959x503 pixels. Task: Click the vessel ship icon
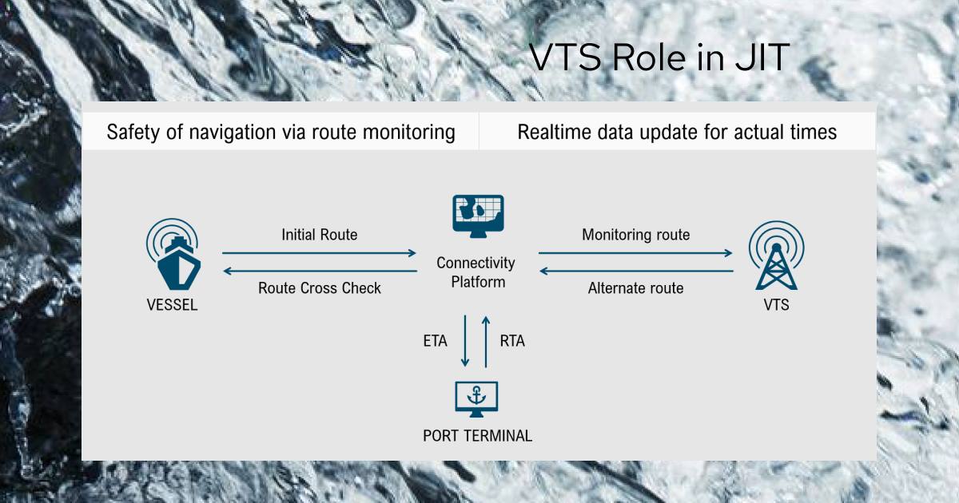tap(172, 256)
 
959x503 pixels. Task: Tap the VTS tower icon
tap(776, 256)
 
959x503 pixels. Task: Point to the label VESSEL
tap(172, 305)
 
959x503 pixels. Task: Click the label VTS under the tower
tap(776, 305)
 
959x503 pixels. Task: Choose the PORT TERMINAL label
tap(477, 436)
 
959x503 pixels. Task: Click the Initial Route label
tap(319, 235)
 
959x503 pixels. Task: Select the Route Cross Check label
tap(320, 288)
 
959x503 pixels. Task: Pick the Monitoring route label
tap(635, 235)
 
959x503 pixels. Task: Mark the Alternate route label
tap(635, 288)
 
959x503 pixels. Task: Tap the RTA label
tap(512, 341)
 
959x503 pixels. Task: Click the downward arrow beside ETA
tap(465, 341)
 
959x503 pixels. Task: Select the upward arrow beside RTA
tap(485, 341)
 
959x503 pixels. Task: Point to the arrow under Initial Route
tap(319, 253)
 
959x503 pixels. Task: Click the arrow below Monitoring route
tap(635, 253)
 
